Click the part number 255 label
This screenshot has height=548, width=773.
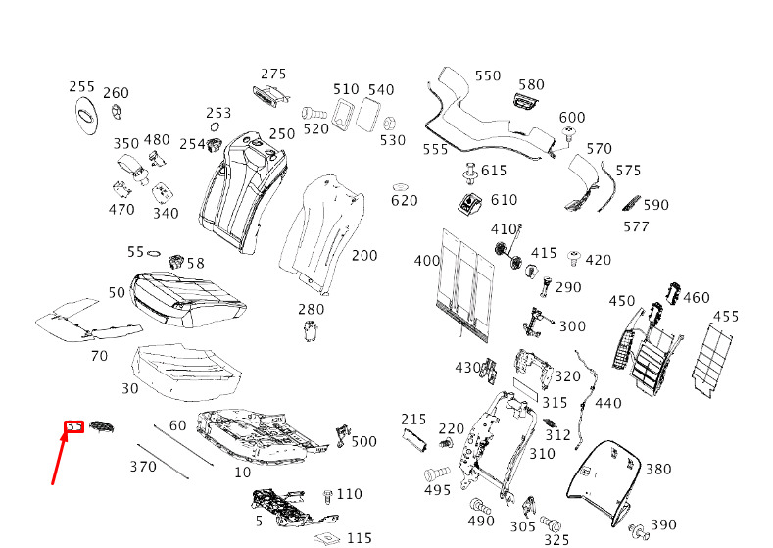82,87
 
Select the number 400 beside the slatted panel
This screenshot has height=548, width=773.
427,261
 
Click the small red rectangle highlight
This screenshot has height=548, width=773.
72,426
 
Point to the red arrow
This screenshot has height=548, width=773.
60,456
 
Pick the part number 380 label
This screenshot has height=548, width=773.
658,469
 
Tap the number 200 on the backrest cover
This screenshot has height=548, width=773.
363,256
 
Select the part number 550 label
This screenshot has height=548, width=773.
487,75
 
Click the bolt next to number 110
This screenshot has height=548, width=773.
327,495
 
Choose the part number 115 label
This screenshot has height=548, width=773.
359,537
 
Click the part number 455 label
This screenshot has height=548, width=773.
726,316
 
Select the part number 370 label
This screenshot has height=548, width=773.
143,467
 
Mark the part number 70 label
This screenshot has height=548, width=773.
99,356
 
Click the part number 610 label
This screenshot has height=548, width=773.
504,200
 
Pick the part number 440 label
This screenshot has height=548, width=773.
607,403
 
